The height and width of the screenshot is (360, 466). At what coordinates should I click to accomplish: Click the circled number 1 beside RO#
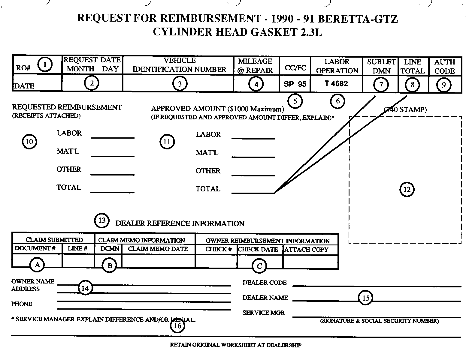point(45,64)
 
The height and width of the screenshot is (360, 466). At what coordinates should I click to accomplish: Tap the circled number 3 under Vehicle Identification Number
point(180,84)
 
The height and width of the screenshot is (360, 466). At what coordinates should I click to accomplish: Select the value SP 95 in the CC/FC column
point(295,84)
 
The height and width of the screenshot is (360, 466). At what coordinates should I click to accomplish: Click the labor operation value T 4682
point(336,83)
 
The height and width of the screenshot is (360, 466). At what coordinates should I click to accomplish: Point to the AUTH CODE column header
point(445,67)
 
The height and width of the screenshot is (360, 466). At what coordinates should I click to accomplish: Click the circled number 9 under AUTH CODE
point(443,85)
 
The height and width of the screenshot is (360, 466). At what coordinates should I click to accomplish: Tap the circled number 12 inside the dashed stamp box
point(407,189)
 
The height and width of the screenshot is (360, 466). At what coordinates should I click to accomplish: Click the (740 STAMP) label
point(406,110)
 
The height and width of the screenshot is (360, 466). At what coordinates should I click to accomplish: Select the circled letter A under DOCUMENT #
point(37,265)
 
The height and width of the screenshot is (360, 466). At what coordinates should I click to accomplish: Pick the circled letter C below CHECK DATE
point(259,266)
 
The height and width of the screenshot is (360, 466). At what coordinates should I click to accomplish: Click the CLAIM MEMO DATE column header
point(158,249)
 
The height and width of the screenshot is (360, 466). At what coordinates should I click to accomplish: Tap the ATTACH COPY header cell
point(306,250)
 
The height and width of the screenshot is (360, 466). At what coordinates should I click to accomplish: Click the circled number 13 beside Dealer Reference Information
point(102,220)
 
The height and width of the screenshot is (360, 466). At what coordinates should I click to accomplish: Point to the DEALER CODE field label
point(265,283)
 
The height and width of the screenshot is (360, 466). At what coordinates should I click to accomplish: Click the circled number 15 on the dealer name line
point(366,298)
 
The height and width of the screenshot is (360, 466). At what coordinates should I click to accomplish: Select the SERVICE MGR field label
point(264,313)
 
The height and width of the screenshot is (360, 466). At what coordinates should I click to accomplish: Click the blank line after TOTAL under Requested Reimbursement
point(112,191)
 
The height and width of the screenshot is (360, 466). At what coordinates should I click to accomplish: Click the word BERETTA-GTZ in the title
point(357,19)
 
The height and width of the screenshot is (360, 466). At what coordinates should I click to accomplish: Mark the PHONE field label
point(22,304)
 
